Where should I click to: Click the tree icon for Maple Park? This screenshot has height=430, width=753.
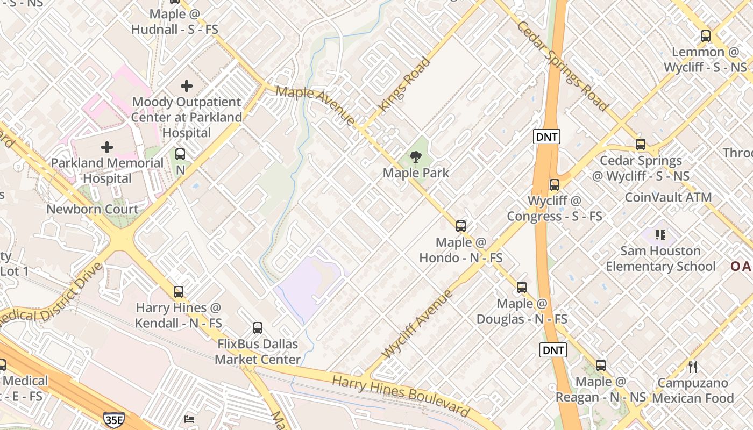click(415, 157)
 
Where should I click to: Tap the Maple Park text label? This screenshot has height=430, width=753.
click(416, 173)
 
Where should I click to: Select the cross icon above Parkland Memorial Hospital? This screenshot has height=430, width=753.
click(107, 147)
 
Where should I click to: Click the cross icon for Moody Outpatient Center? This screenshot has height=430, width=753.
click(187, 85)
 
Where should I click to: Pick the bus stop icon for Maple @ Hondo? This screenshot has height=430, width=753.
click(461, 226)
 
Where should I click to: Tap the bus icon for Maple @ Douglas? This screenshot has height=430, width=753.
click(522, 288)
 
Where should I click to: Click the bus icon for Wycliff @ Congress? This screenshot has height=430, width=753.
click(555, 185)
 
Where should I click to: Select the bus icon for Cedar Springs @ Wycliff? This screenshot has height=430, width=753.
click(641, 145)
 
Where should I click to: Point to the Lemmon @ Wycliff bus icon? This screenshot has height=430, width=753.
click(706, 37)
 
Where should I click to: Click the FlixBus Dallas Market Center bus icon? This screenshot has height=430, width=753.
click(258, 328)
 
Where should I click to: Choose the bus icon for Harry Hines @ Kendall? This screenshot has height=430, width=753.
click(179, 292)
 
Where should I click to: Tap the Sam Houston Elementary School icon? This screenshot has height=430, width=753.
click(660, 235)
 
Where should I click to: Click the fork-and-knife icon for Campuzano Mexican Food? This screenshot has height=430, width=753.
click(693, 367)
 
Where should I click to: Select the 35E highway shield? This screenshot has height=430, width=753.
click(113, 420)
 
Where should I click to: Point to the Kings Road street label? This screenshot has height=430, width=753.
click(404, 85)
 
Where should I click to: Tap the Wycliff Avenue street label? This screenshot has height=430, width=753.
click(417, 324)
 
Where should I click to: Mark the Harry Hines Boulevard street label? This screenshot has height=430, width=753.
click(401, 396)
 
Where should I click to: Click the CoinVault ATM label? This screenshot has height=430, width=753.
click(668, 197)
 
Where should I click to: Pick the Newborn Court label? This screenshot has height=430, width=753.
click(93, 209)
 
